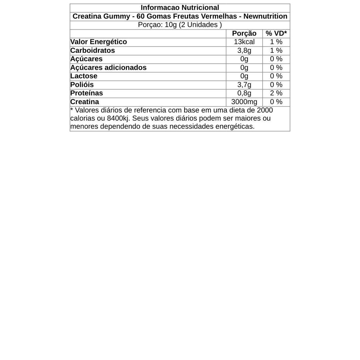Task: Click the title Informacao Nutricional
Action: pos(180,8)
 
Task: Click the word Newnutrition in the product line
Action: pos(265,16)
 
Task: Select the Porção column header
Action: pos(244,33)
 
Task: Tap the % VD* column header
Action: pos(276,33)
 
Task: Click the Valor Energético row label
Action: pos(98,42)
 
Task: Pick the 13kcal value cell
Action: pos(244,42)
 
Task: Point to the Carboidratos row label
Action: pos(92,50)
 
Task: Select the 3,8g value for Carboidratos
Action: pos(244,50)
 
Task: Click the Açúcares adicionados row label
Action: pos(108,67)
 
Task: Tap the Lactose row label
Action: pos(84,76)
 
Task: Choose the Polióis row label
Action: pos(82,85)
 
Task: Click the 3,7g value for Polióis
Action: pos(244,85)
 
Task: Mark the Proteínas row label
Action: pos(86,93)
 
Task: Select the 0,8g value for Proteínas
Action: pos(244,93)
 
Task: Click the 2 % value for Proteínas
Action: pos(276,93)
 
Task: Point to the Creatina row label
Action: pos(85,102)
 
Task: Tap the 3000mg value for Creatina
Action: pos(244,102)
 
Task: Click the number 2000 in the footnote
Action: pos(265,110)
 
